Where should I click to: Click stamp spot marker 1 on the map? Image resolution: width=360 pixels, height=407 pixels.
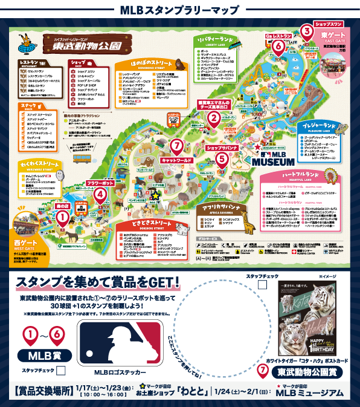61,222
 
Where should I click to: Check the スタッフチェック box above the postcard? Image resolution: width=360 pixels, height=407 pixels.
263,285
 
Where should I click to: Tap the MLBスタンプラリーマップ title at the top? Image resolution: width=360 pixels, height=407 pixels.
180,8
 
